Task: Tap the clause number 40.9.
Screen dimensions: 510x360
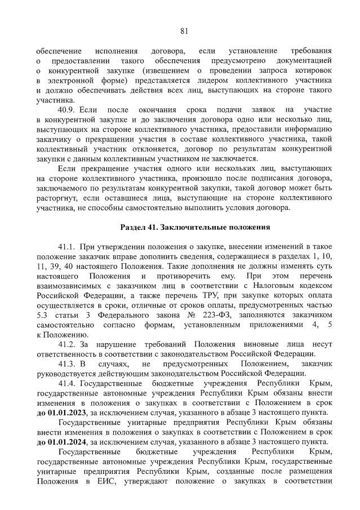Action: (69, 109)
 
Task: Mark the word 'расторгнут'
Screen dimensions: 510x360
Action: (59, 198)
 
